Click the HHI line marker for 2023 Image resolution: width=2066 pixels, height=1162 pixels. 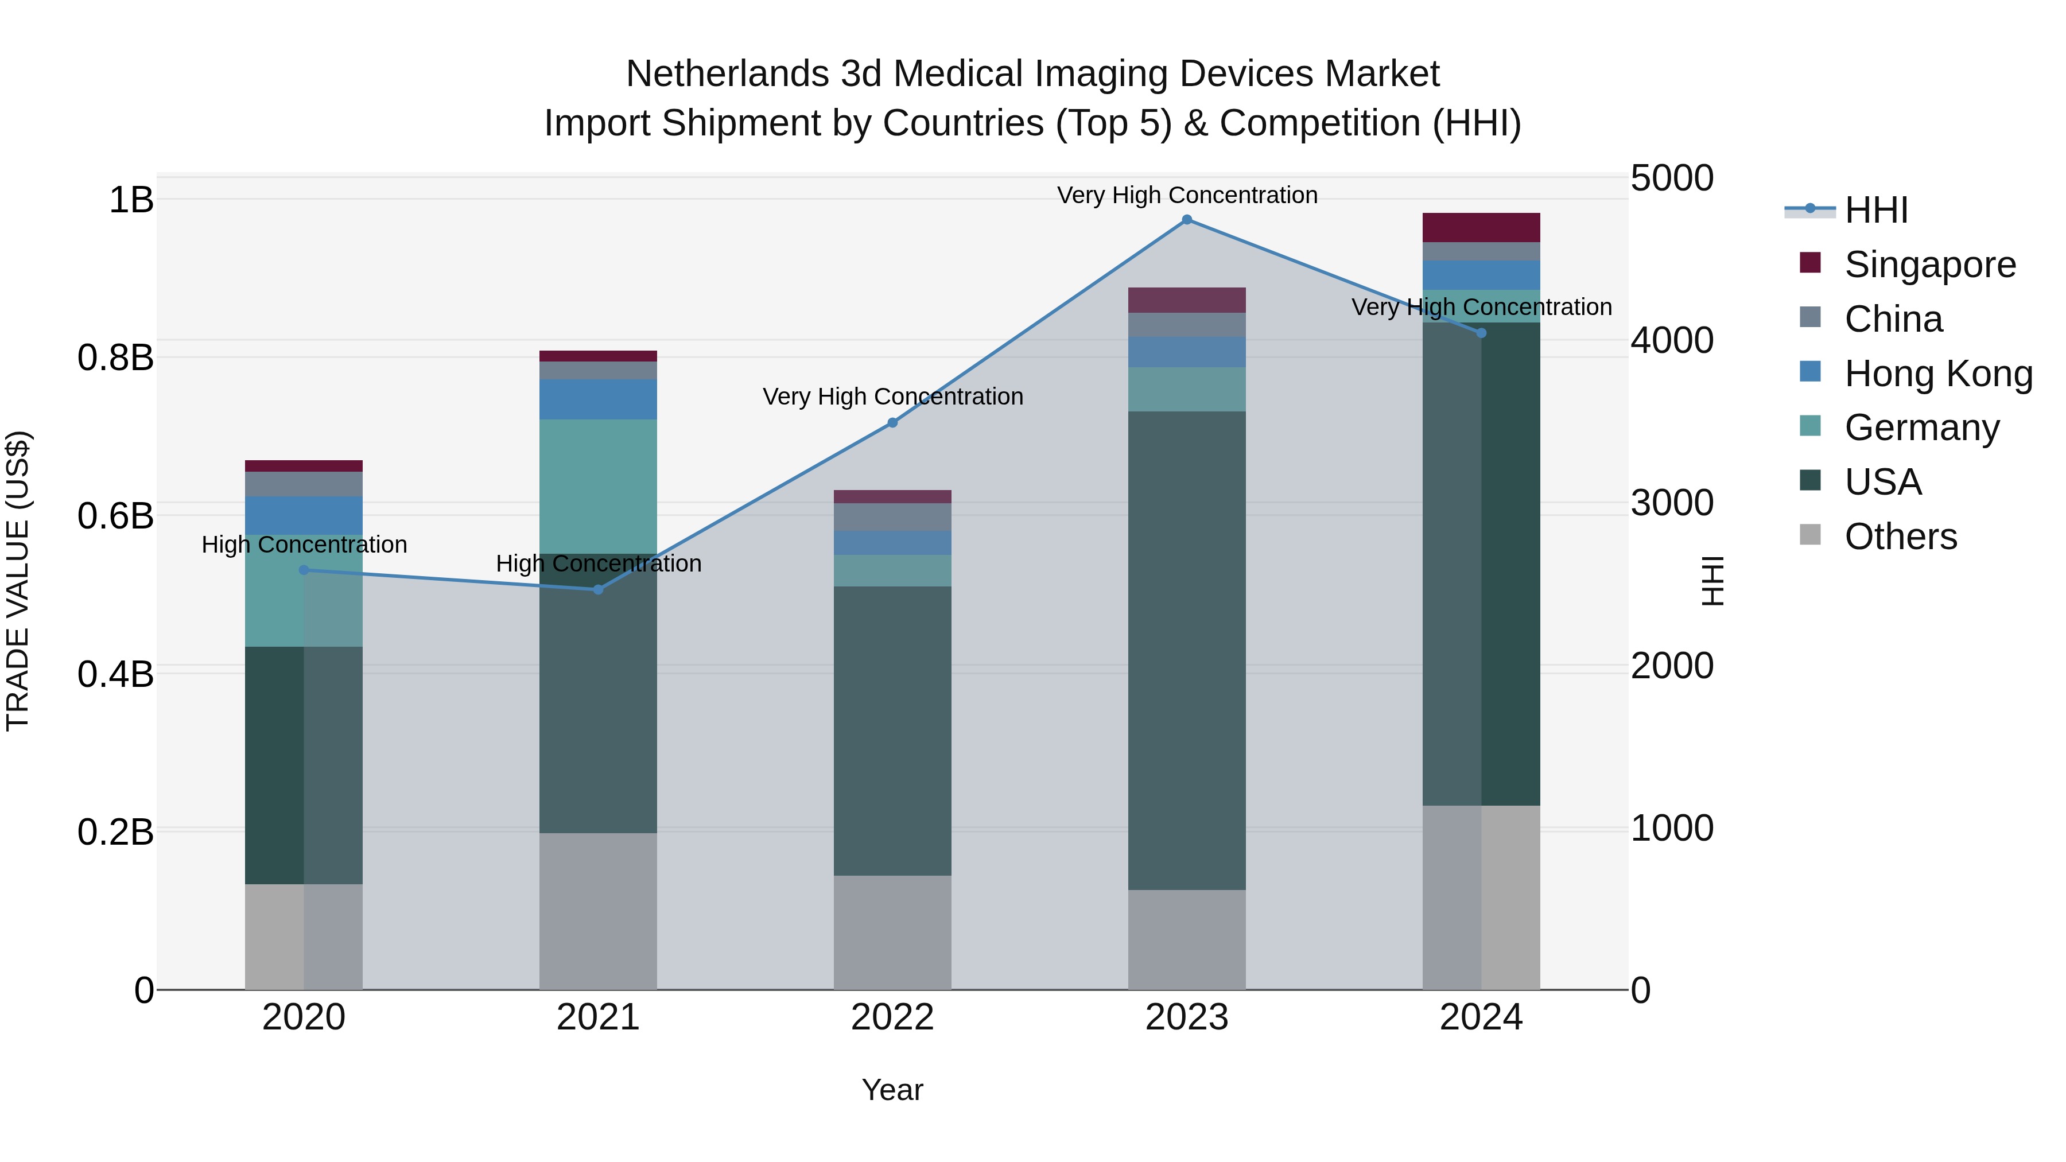coord(1187,220)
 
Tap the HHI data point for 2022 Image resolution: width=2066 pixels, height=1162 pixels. coord(892,422)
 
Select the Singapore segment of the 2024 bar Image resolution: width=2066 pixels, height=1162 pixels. coord(1481,228)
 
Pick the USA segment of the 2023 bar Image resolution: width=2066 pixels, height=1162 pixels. coord(1187,650)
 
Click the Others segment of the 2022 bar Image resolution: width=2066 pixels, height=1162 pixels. coord(892,932)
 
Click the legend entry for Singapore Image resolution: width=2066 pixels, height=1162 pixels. coord(1929,265)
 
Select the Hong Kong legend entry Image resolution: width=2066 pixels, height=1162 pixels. coord(1937,374)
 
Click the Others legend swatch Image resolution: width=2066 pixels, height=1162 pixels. coord(1810,535)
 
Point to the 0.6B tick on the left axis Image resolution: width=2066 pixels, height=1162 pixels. coord(115,516)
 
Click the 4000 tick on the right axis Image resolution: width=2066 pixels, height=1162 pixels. coord(1672,340)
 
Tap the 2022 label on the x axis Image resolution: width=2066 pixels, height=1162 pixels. coord(892,1017)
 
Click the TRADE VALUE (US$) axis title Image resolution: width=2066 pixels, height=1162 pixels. coord(18,581)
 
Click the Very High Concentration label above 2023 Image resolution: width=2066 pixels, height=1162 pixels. coord(1187,195)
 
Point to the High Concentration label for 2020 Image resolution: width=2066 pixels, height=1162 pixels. coord(304,545)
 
